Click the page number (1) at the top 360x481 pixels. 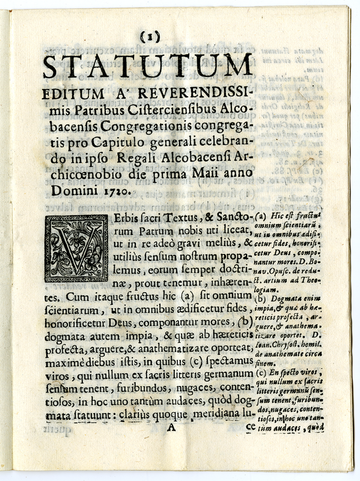[x=148, y=37]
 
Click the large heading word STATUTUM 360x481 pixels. [x=148, y=66]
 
